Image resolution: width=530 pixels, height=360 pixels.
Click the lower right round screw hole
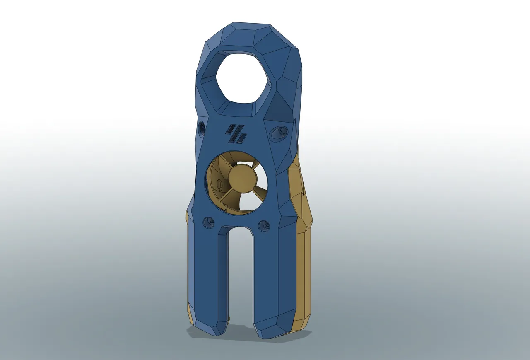tap(263, 226)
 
